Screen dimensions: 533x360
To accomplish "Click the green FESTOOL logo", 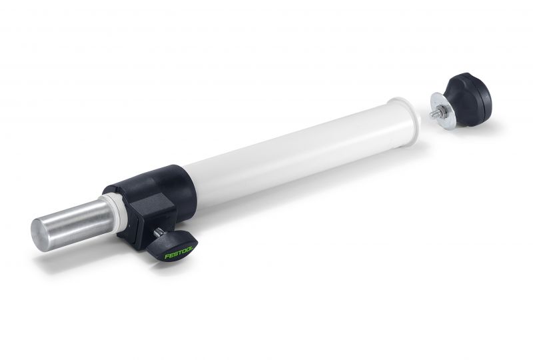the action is (179, 252).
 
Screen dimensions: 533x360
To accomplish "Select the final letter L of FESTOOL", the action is (191, 248).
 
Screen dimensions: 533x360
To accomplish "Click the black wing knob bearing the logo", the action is (173, 246).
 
